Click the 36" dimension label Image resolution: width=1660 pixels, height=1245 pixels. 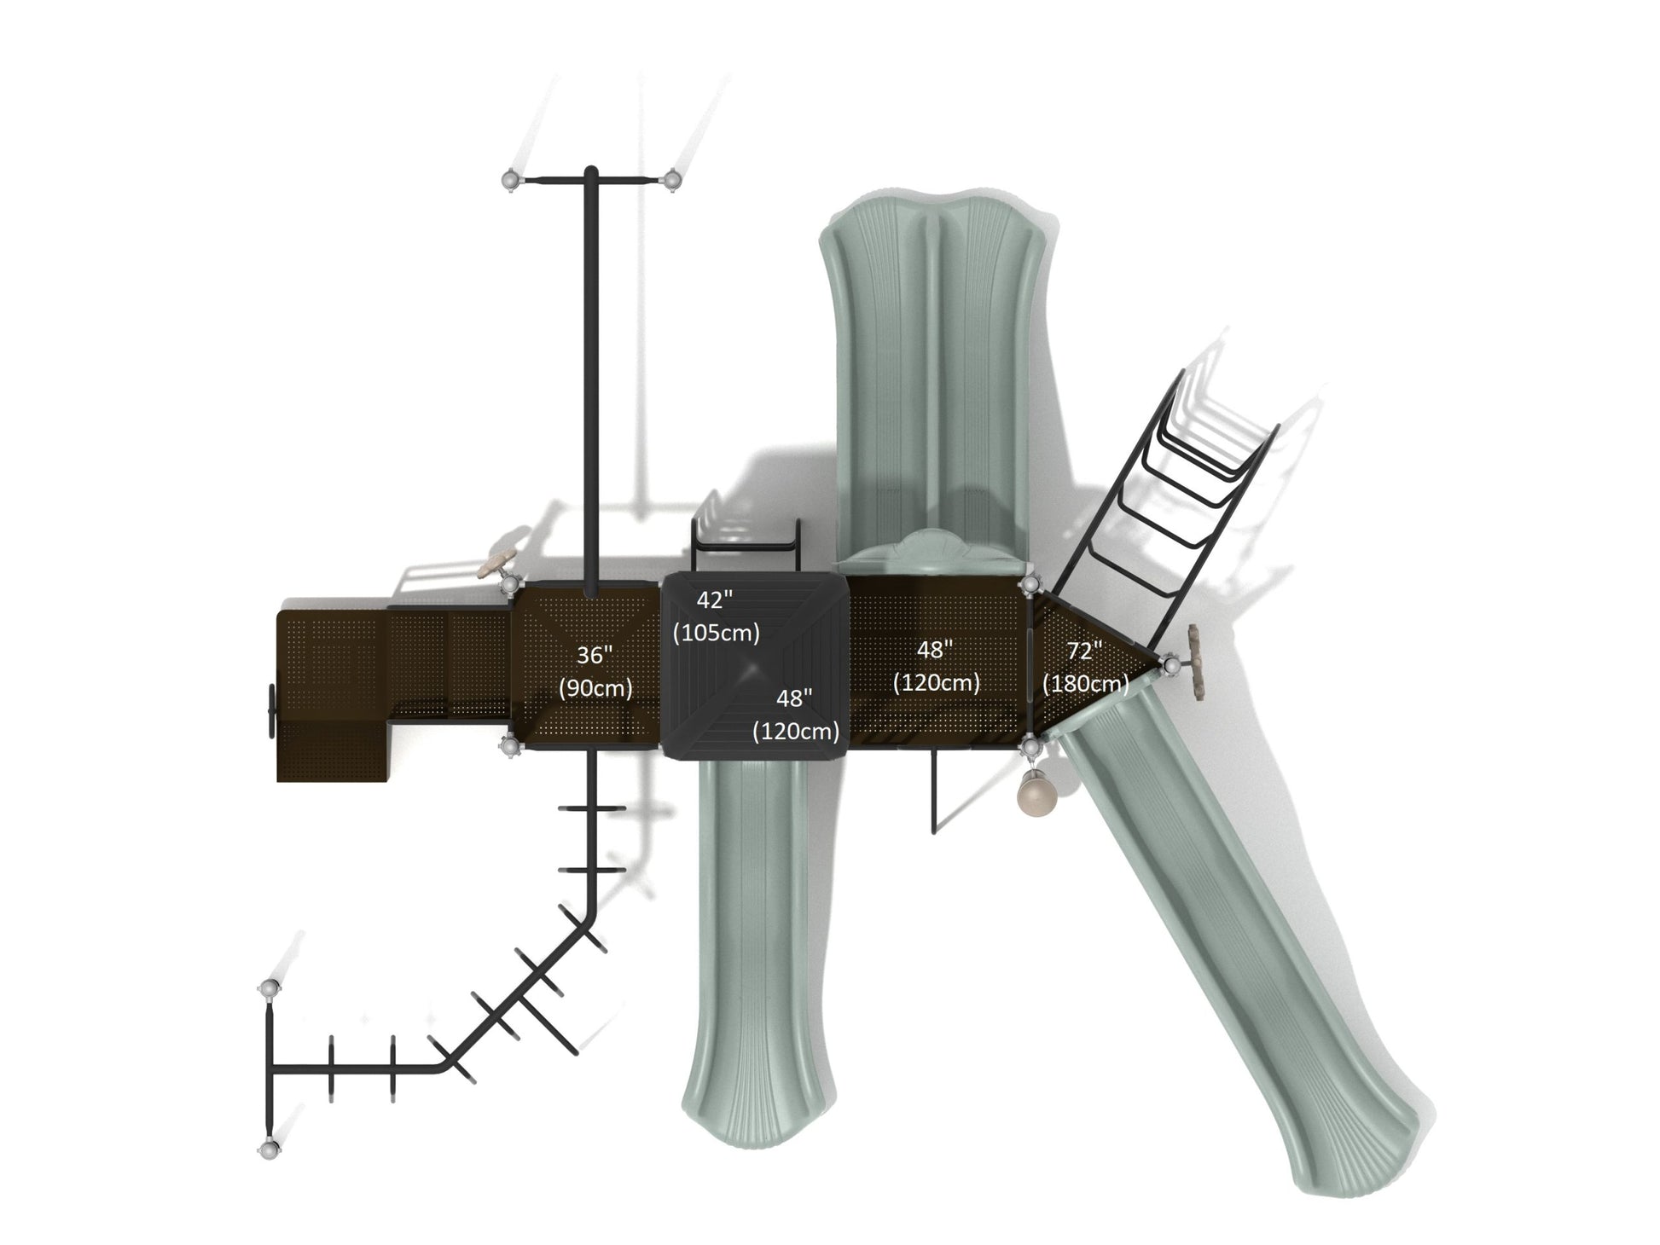(x=595, y=655)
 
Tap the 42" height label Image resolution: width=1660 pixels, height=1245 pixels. (x=714, y=600)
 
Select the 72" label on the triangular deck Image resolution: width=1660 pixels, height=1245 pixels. (x=1084, y=651)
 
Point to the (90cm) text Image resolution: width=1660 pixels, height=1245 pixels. (x=595, y=688)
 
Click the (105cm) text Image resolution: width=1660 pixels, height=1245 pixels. (x=716, y=633)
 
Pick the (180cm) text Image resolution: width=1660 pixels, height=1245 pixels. (x=1085, y=683)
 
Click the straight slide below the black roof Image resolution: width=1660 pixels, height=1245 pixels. (x=751, y=947)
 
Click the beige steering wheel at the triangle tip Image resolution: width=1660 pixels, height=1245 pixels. (x=1196, y=664)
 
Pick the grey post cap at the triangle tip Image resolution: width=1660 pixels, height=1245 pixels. (x=1170, y=664)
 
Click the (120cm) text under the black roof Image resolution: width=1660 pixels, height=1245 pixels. (x=795, y=731)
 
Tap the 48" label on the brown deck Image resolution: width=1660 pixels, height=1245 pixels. (x=934, y=650)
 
